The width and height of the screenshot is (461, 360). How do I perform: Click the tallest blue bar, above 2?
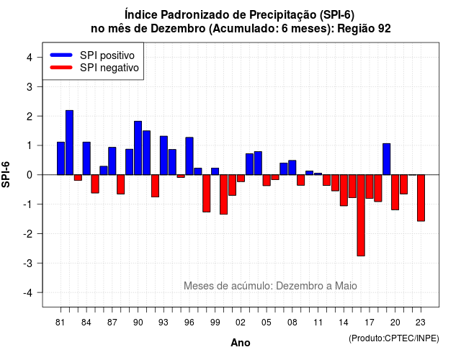point(69,143)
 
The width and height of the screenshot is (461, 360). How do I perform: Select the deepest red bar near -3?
point(361,215)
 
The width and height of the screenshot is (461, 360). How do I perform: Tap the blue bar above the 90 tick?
point(138,148)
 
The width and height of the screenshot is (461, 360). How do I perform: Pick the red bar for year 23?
point(421,198)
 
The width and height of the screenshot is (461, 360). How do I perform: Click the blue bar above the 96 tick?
point(189,156)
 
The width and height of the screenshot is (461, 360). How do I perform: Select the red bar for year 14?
point(344,190)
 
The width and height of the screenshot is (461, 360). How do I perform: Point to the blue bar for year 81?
point(61,158)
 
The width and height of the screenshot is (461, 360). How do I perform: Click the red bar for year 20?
point(395,192)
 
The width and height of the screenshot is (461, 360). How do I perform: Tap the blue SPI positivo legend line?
point(61,55)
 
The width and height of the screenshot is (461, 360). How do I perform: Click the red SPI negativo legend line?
point(61,67)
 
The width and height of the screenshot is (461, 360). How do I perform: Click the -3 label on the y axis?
point(27,264)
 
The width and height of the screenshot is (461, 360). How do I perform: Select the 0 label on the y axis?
point(30,175)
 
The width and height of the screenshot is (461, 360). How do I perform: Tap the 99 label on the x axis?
point(215,323)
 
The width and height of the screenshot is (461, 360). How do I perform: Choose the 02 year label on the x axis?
point(241,323)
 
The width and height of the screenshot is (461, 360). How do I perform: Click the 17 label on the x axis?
point(370,323)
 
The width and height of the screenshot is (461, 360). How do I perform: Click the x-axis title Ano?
point(241,343)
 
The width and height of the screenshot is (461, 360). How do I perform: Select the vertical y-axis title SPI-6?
point(6,174)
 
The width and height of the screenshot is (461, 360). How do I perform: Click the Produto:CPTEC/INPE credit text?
point(394,338)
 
